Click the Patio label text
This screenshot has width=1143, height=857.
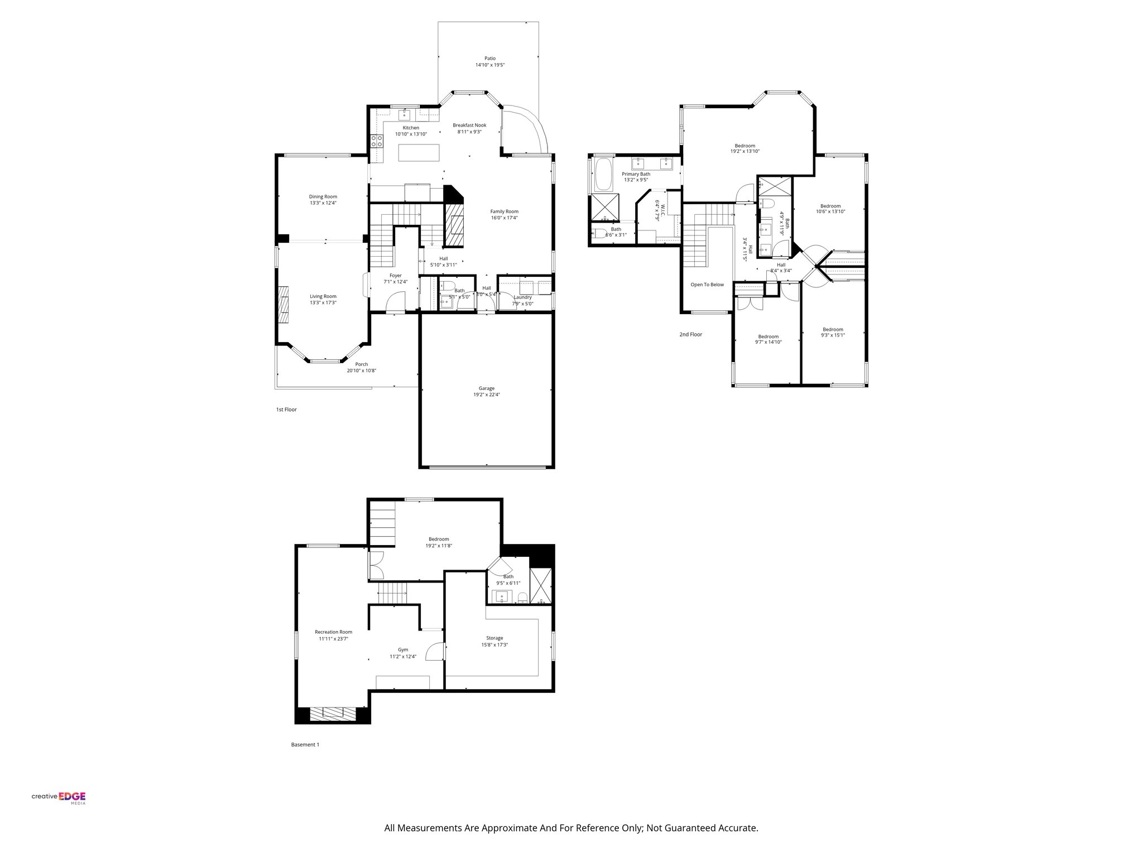[x=489, y=58]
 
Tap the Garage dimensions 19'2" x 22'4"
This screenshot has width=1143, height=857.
[x=486, y=394]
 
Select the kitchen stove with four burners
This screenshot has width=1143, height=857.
[x=377, y=141]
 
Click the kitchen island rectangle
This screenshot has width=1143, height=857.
[x=419, y=153]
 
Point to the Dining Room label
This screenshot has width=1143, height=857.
[x=323, y=196]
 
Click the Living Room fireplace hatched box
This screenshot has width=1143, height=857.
[x=284, y=305]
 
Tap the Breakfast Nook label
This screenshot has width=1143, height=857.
[x=469, y=125]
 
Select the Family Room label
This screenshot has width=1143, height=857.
[x=504, y=211]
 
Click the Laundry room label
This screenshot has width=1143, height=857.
[x=522, y=297]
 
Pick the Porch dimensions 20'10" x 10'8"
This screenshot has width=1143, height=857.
[x=362, y=370]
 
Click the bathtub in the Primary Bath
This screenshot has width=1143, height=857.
[x=603, y=175]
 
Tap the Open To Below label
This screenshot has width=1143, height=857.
[x=707, y=285]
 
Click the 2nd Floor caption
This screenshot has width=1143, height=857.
[x=690, y=335]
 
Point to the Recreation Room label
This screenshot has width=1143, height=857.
[x=333, y=632]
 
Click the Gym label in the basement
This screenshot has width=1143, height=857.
[x=403, y=649]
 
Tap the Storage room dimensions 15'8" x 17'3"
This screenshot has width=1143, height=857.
[x=494, y=644]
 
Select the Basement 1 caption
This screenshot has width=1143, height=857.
[x=305, y=744]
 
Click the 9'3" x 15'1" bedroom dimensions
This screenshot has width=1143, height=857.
[x=833, y=335]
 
